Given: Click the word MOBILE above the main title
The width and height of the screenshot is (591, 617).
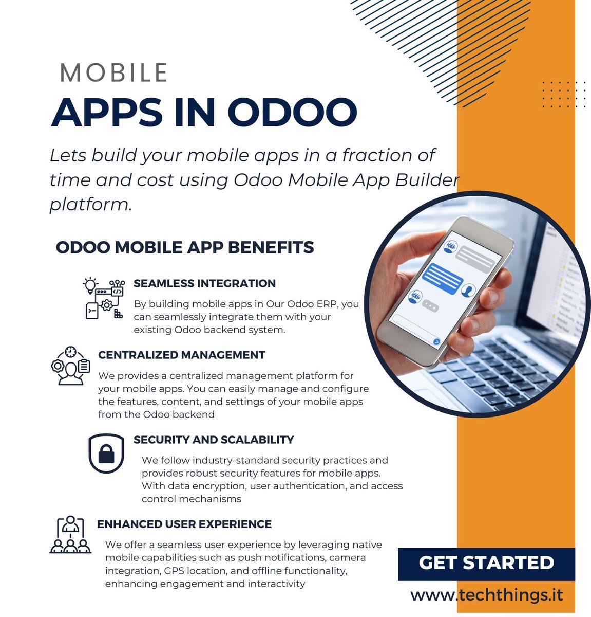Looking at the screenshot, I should click(x=113, y=72).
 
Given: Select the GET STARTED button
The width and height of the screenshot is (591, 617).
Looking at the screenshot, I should click(x=486, y=563).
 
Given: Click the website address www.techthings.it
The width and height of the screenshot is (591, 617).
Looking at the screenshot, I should click(x=486, y=595).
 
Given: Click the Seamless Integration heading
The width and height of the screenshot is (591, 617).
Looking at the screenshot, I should click(x=204, y=283).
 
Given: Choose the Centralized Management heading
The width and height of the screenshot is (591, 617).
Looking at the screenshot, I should click(x=181, y=355).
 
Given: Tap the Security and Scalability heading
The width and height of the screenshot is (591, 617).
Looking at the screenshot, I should click(x=214, y=440).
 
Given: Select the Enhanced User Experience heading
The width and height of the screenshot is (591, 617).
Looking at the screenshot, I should click(x=184, y=524).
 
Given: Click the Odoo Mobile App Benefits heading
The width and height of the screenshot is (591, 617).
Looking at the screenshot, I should click(x=184, y=247).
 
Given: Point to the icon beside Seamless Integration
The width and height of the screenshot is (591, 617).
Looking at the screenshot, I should click(x=104, y=299).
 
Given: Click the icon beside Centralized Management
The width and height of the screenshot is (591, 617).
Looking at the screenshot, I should click(x=70, y=366).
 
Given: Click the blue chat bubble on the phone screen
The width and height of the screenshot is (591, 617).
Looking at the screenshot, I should click(x=443, y=278).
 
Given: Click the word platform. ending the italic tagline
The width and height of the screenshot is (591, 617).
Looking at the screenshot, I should click(x=91, y=205).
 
